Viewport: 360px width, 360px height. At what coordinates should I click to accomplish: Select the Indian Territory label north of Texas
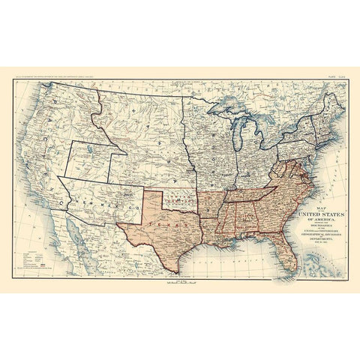point(177,197)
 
